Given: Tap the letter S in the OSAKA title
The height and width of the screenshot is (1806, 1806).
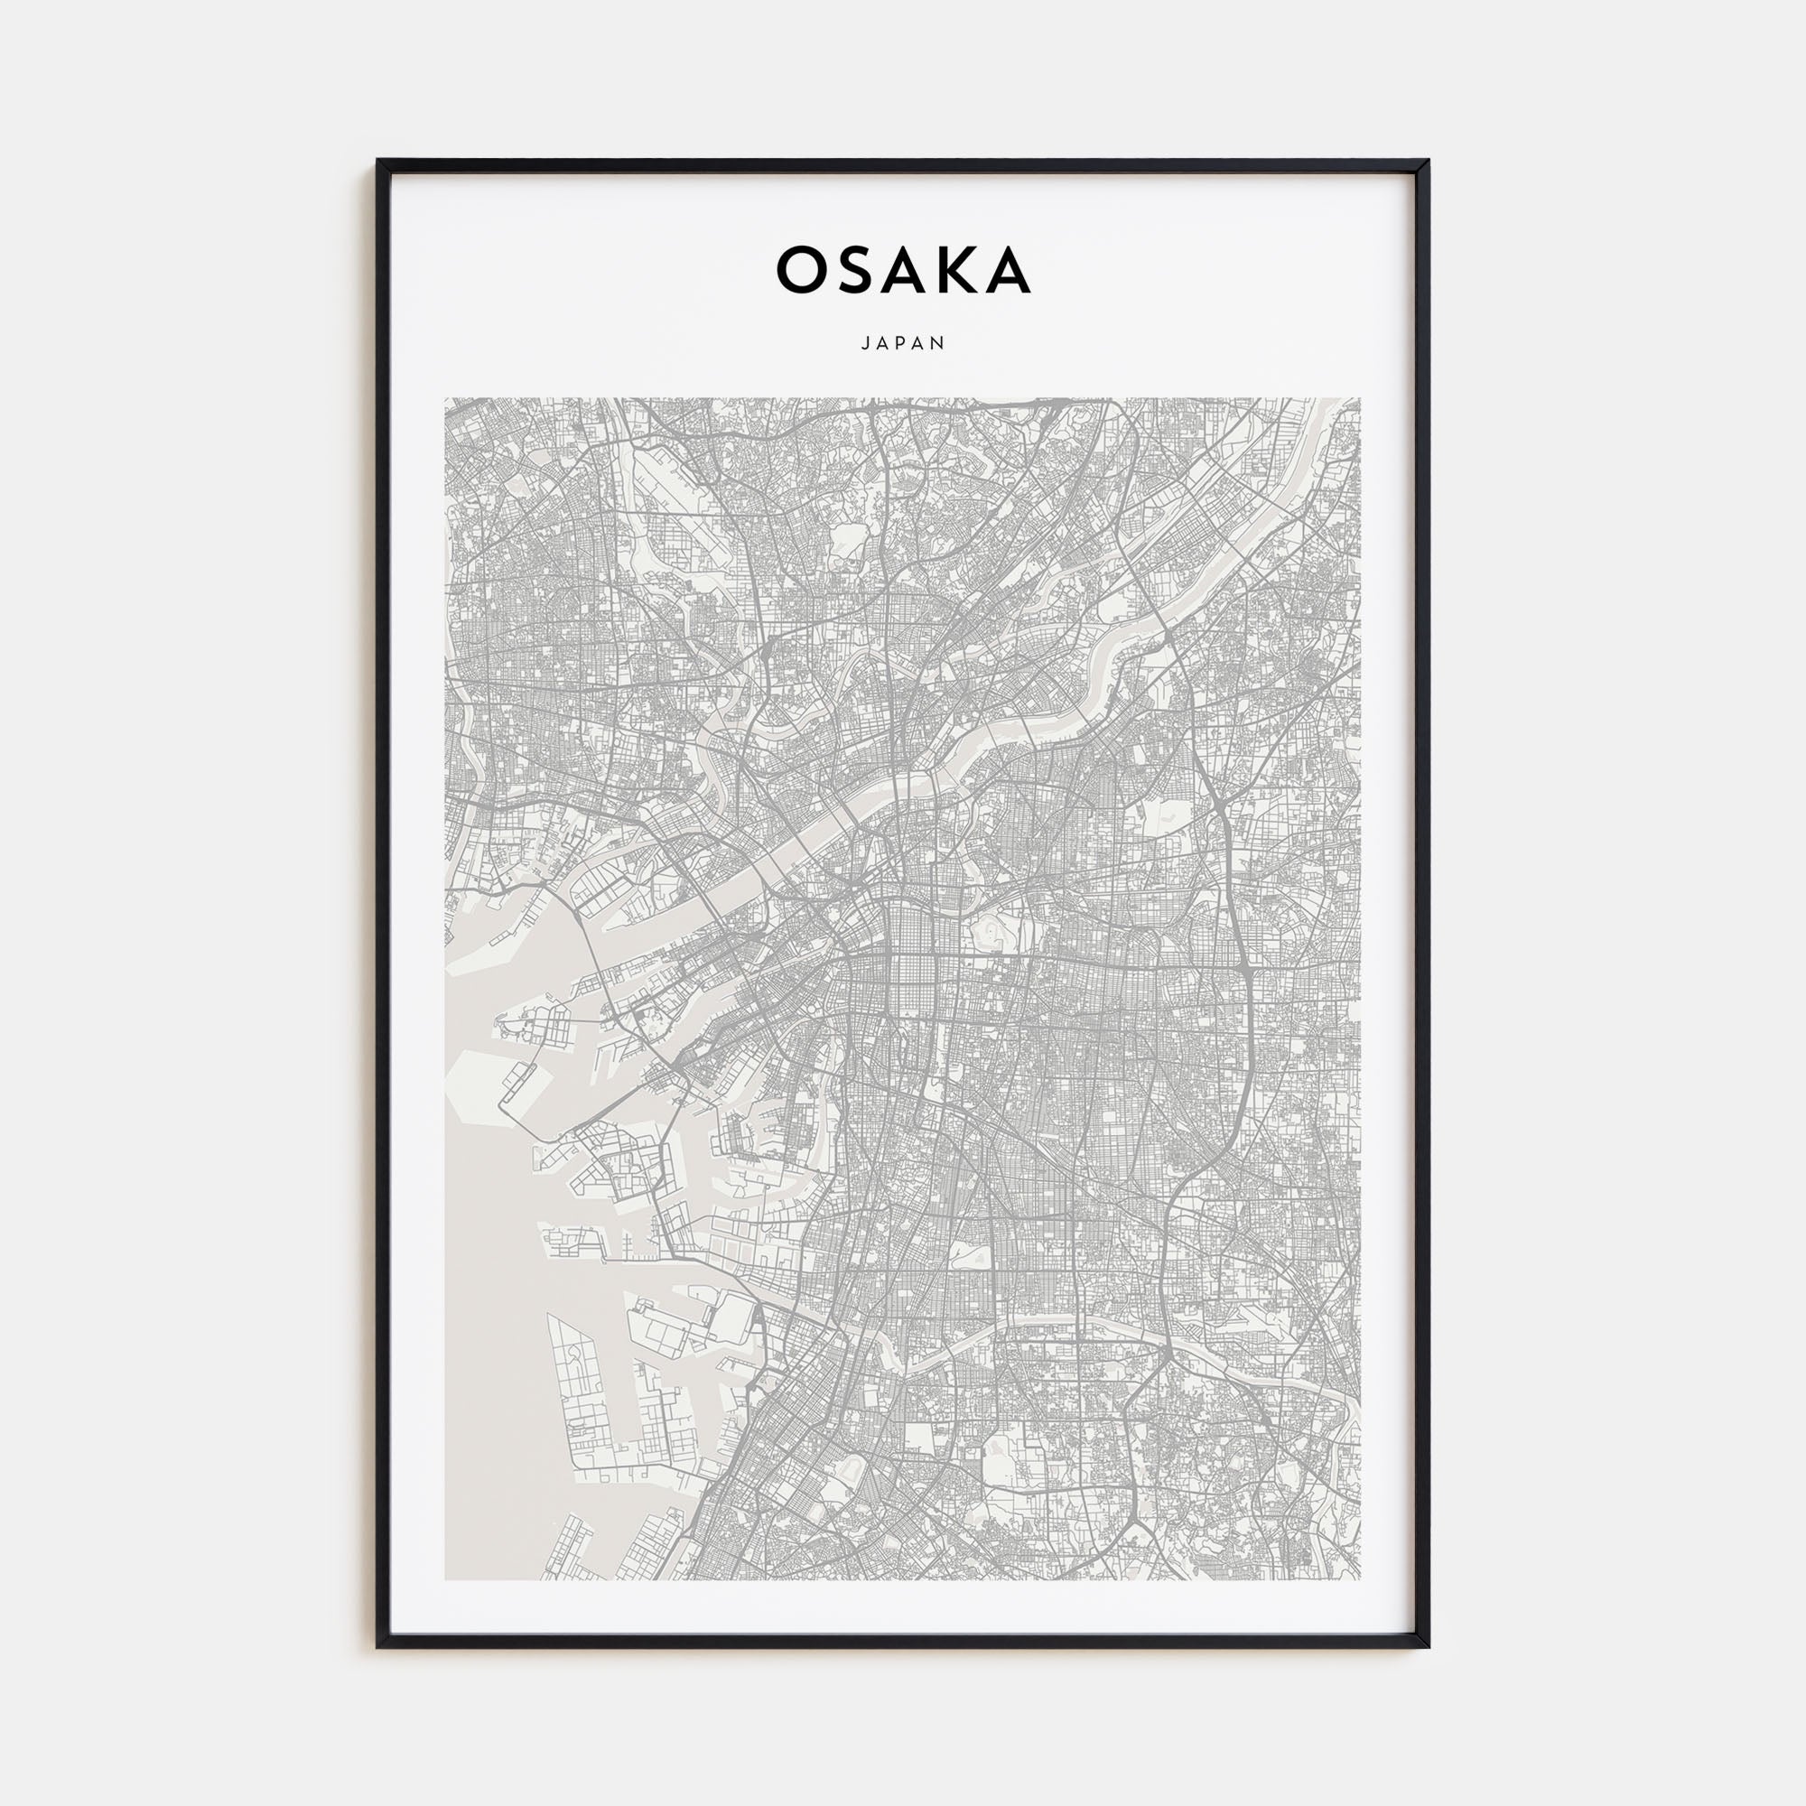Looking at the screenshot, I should click(853, 270).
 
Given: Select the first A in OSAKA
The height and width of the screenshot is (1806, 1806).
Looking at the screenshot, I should click(903, 270).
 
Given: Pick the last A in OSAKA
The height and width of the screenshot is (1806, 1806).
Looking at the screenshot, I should click(1009, 270).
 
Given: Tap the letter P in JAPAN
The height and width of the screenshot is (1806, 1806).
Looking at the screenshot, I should click(903, 343).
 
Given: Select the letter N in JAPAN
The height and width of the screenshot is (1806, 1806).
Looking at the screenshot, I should click(940, 343).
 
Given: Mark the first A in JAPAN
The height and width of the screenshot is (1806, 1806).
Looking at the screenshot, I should click(882, 343).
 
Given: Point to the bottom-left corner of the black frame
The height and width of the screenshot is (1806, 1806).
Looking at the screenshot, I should click(378, 1646).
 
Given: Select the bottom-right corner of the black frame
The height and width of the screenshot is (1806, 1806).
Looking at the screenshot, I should click(1428, 1646).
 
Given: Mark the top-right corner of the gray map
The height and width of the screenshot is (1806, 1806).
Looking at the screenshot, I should click(1360, 399).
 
